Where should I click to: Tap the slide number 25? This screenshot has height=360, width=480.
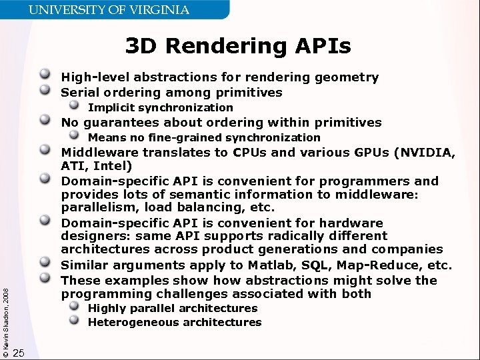click(19, 353)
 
